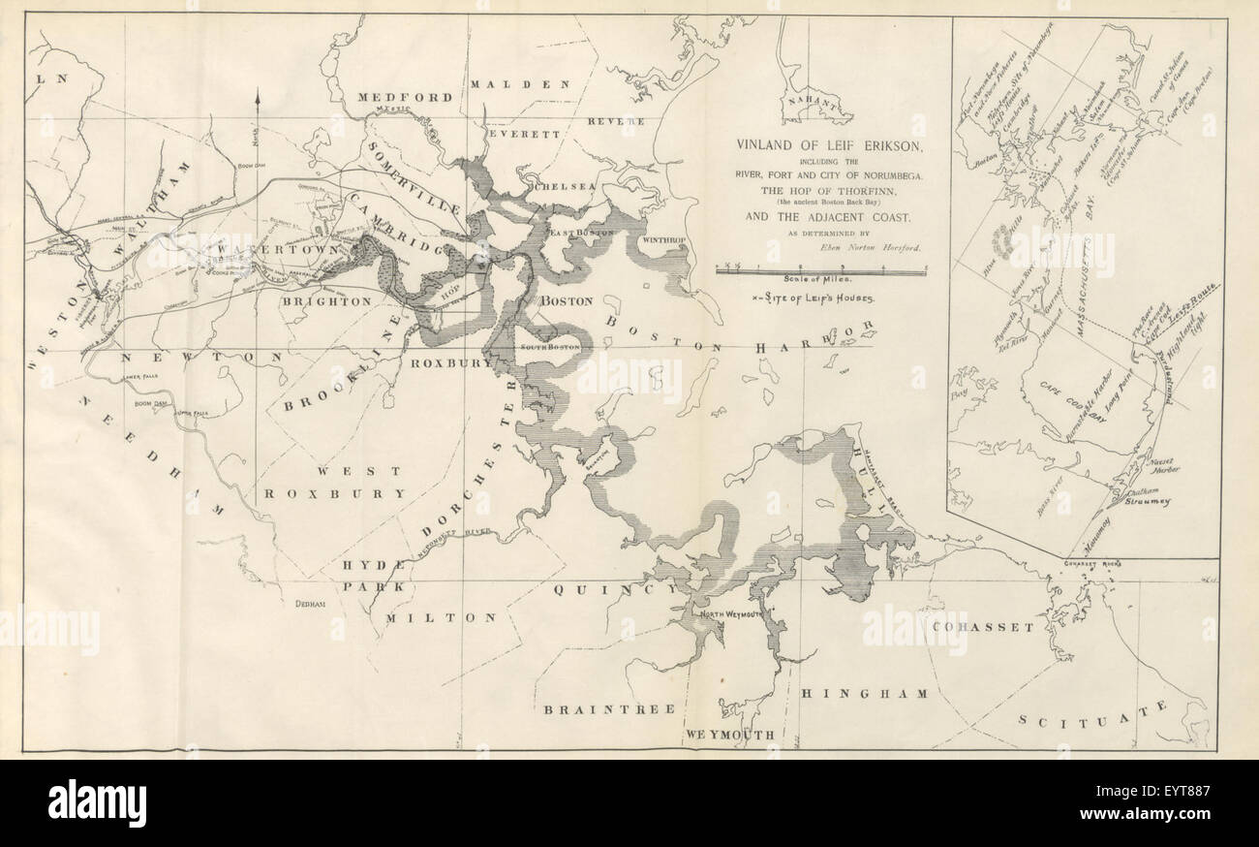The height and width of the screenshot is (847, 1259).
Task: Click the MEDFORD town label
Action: point(405,98)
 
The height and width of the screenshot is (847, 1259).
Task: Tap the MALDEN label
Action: point(520,84)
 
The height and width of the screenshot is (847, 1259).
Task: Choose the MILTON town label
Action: point(441,616)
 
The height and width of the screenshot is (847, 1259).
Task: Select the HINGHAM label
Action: point(864,694)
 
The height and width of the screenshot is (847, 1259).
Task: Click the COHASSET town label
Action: point(984,627)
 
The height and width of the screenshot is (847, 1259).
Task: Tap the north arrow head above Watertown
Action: point(259,95)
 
